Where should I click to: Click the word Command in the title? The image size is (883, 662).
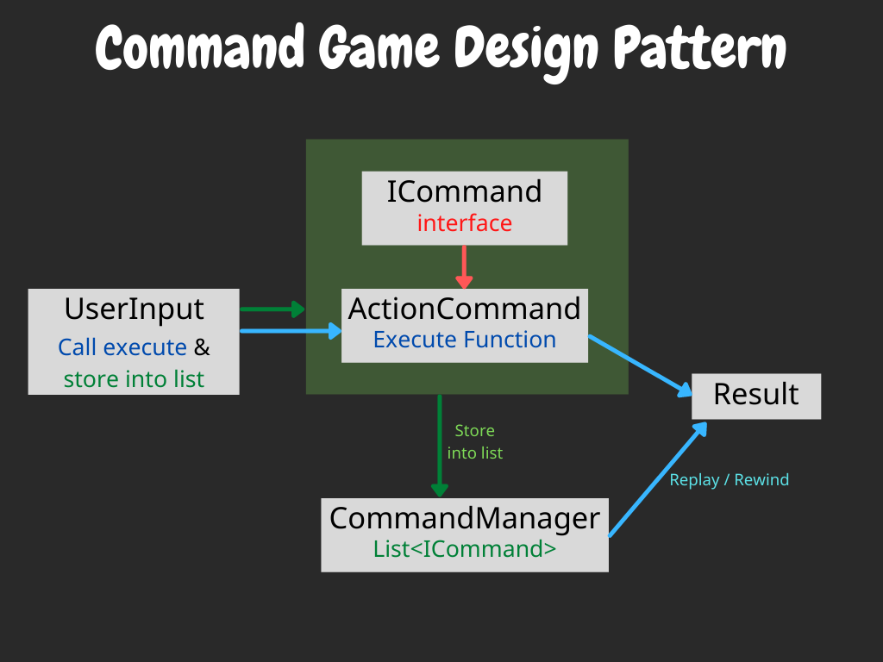point(199,49)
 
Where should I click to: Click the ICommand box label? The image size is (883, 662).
point(464,191)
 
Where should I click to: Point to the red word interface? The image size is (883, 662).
point(464,223)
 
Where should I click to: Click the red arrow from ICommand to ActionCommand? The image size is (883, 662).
point(464,267)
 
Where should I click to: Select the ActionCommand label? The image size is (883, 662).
point(464,309)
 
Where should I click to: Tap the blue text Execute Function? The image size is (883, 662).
point(464,340)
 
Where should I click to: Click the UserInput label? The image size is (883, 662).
point(134,309)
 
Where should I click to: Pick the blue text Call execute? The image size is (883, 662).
point(122,347)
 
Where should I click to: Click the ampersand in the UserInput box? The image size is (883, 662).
point(202,347)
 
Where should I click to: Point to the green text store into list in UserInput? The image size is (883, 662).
point(134,378)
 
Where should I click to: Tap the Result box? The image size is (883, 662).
point(755,395)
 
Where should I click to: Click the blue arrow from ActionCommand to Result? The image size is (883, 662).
point(641,365)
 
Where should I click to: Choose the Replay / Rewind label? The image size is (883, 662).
point(729,480)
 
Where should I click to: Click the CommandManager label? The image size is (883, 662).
point(464,519)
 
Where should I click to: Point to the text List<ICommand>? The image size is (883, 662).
point(464,549)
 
